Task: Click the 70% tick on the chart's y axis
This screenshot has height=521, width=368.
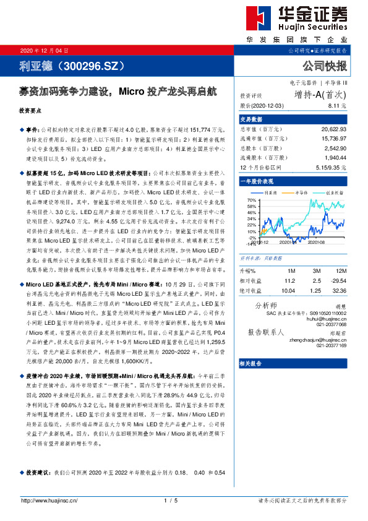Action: (250, 200)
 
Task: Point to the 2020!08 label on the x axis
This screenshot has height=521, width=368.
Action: (317, 243)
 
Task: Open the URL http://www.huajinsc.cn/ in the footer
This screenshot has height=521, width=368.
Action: (46, 500)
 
